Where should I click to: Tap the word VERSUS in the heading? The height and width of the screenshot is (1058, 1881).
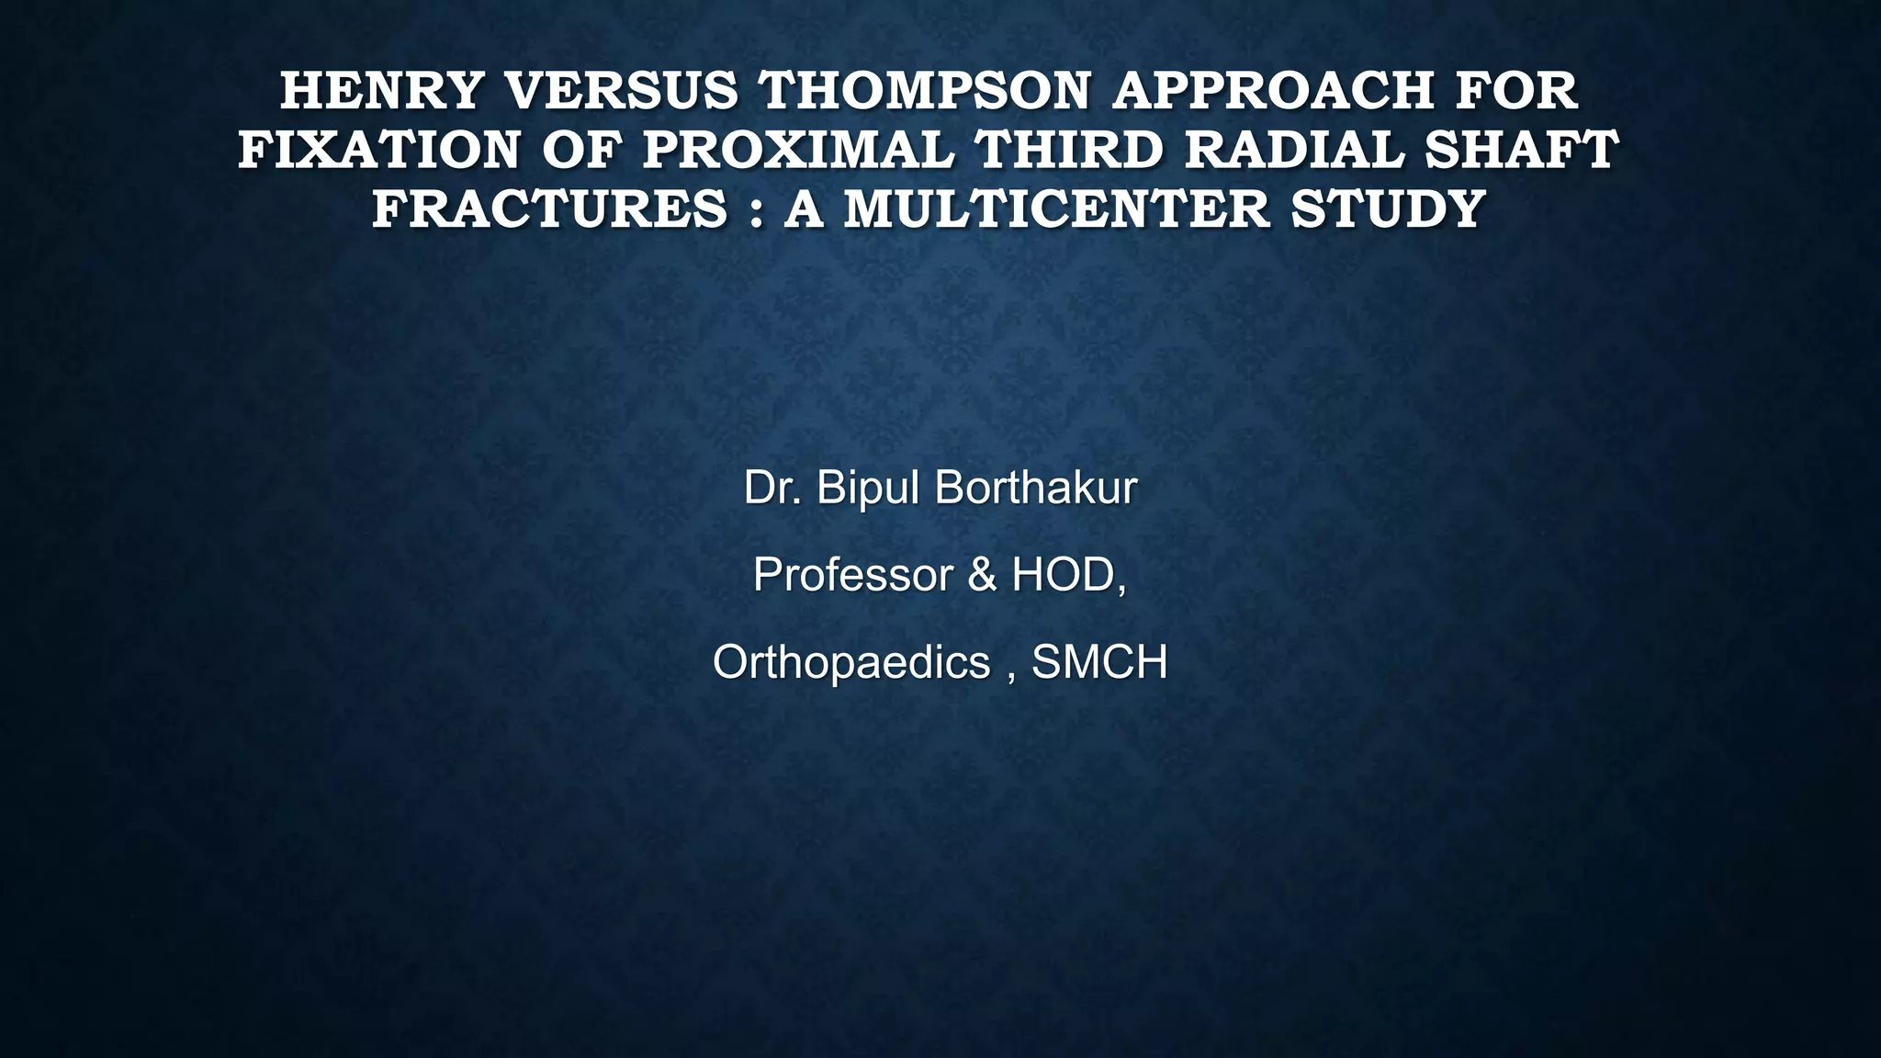pyautogui.click(x=622, y=91)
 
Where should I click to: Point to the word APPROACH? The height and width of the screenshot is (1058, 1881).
pyautogui.click(x=1272, y=91)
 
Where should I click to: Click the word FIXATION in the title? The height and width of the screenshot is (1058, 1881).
pyautogui.click(x=379, y=150)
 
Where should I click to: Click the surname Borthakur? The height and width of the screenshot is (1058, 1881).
pyautogui.click(x=1036, y=488)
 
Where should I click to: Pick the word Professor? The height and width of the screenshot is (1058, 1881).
pyautogui.click(x=853, y=575)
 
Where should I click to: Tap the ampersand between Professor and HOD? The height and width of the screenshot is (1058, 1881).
pyautogui.click(x=982, y=575)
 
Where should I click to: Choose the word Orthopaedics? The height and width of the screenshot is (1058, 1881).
pyautogui.click(x=851, y=663)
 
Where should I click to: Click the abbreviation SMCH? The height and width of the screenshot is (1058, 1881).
pyautogui.click(x=1099, y=662)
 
